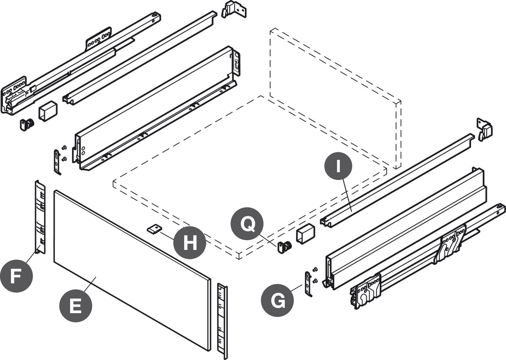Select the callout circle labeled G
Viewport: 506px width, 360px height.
click(x=278, y=299)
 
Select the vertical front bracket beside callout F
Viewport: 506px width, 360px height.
click(x=39, y=217)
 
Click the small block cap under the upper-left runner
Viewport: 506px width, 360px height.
click(x=48, y=112)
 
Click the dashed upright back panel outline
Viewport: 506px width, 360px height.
click(x=335, y=99)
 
